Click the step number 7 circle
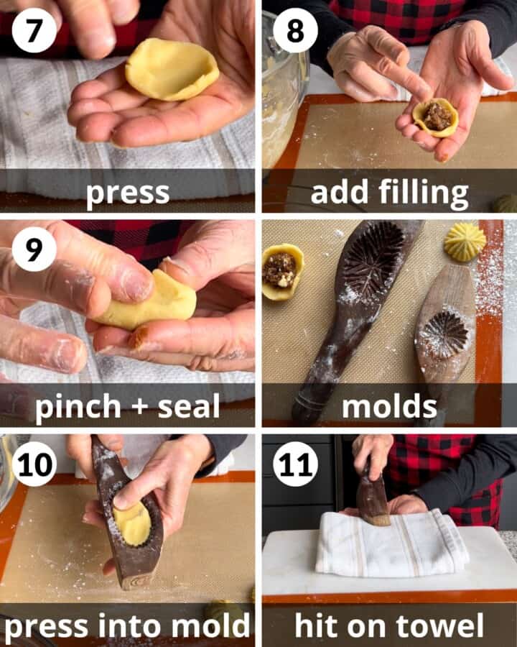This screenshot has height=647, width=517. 34,32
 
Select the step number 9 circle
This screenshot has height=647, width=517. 34,249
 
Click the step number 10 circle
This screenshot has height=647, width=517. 34,464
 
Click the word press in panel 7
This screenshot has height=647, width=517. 128,193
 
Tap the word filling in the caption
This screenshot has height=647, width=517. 429,193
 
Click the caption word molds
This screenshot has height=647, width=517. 389,407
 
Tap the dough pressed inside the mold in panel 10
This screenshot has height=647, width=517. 132,523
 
